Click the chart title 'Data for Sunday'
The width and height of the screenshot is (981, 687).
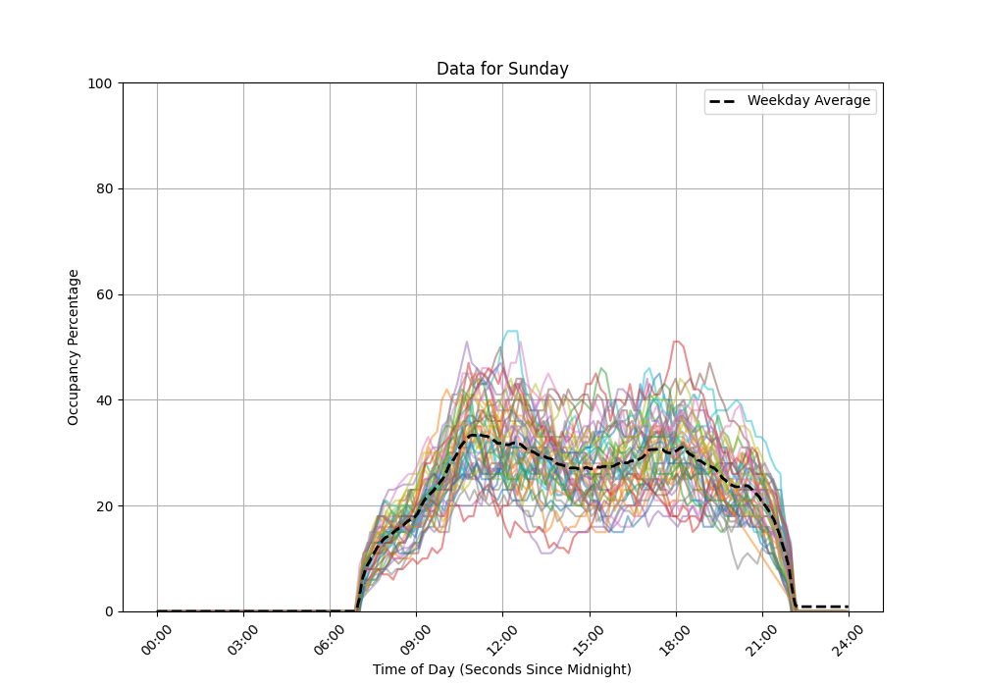pyautogui.click(x=502, y=69)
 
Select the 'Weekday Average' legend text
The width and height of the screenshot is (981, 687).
pyautogui.click(x=808, y=101)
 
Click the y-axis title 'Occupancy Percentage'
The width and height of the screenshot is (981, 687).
pyautogui.click(x=74, y=347)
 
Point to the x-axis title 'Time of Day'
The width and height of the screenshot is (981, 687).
pyautogui.click(x=502, y=669)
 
